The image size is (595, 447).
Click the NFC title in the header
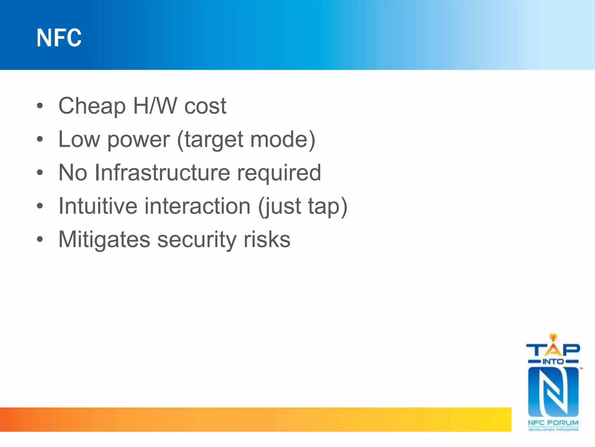coord(59,38)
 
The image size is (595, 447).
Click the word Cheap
coord(92,106)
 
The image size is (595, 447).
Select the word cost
coord(205,106)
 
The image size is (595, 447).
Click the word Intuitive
coord(98,206)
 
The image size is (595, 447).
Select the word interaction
coord(198,206)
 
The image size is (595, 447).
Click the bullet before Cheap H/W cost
coord(40,106)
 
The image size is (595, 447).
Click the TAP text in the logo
coord(553,350)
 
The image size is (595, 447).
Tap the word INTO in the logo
coord(553,362)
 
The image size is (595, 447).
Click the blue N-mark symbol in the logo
coord(553,392)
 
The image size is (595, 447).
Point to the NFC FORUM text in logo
coord(553,423)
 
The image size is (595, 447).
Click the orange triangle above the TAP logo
coord(553,337)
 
